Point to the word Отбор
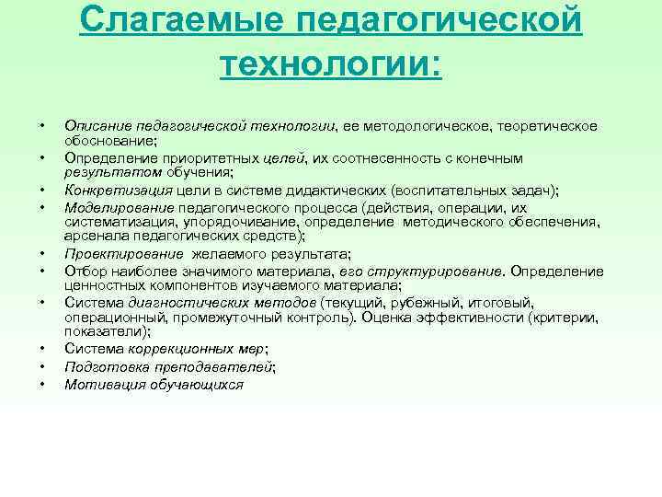[x=83, y=271]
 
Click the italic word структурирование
[x=441, y=271]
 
